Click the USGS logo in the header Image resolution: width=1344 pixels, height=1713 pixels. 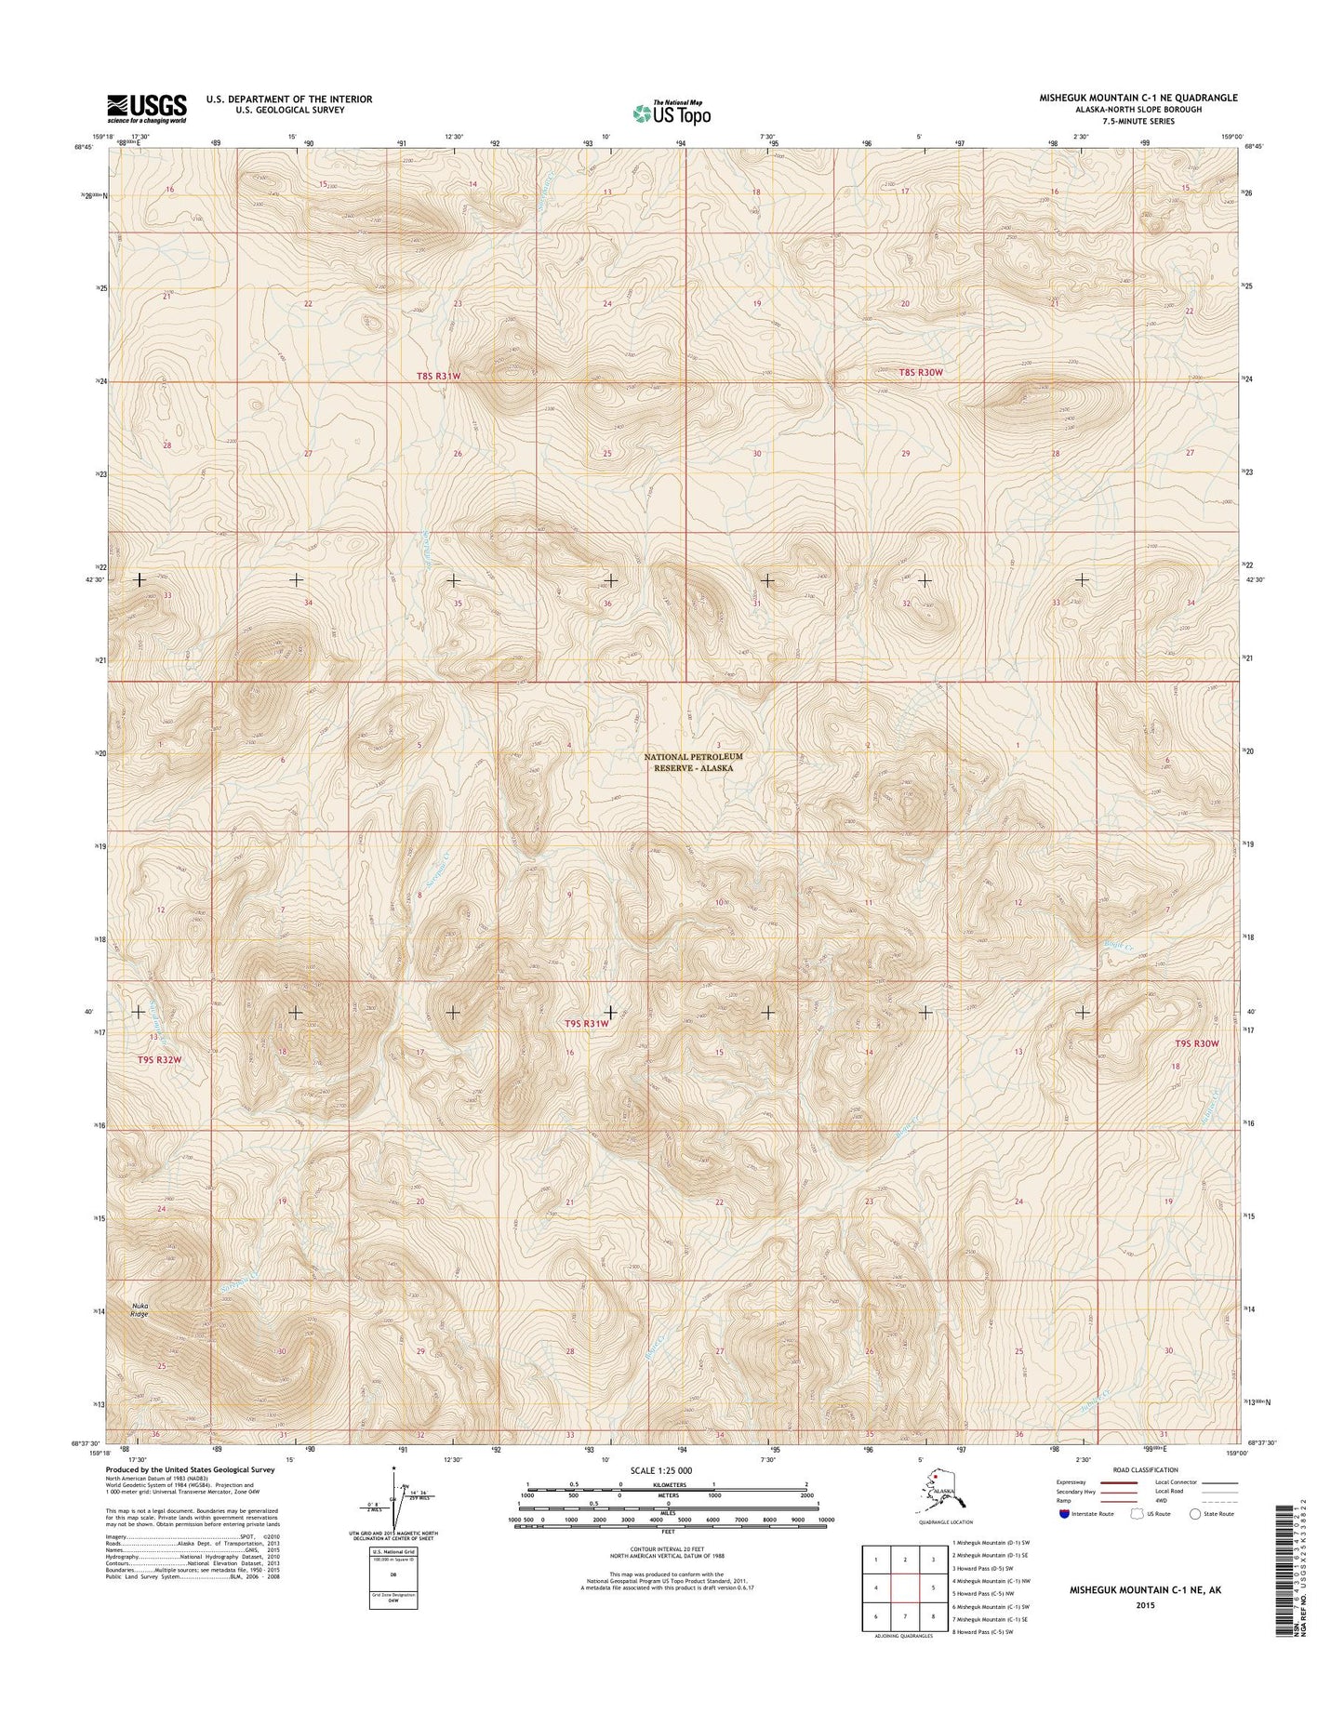[147, 108]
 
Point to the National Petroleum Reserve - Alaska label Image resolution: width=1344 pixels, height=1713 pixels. [693, 763]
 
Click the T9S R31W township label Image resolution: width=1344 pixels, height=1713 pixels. [587, 1023]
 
